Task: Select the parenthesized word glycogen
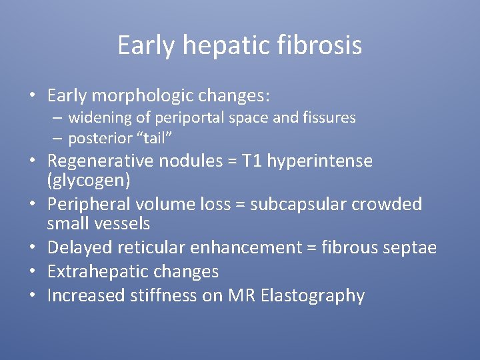click(89, 180)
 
